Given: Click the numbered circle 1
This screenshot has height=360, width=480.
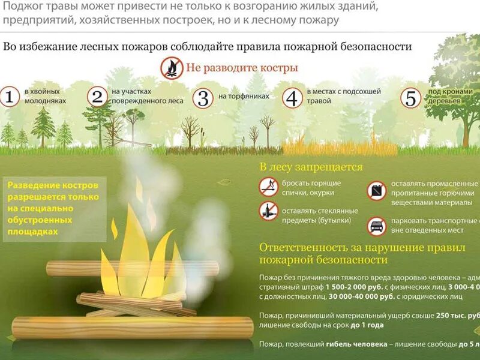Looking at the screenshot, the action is coord(9,97).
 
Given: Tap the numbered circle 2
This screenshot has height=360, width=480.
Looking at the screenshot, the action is coord(96,97).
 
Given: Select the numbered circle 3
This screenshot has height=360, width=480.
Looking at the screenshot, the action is coord(203,97).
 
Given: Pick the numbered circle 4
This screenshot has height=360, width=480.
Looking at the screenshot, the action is coord(292,97).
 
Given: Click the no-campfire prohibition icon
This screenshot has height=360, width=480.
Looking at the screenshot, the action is coord(171,67).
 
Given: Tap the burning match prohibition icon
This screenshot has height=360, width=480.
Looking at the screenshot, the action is coord(268,187).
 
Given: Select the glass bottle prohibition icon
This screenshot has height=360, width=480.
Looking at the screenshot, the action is coord(268,211).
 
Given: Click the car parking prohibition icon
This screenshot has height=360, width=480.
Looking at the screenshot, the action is coord(376,226).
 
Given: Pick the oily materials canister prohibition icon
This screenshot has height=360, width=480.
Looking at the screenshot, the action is coord(376,191).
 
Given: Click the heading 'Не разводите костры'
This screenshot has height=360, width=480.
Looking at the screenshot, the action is coord(242,67).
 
